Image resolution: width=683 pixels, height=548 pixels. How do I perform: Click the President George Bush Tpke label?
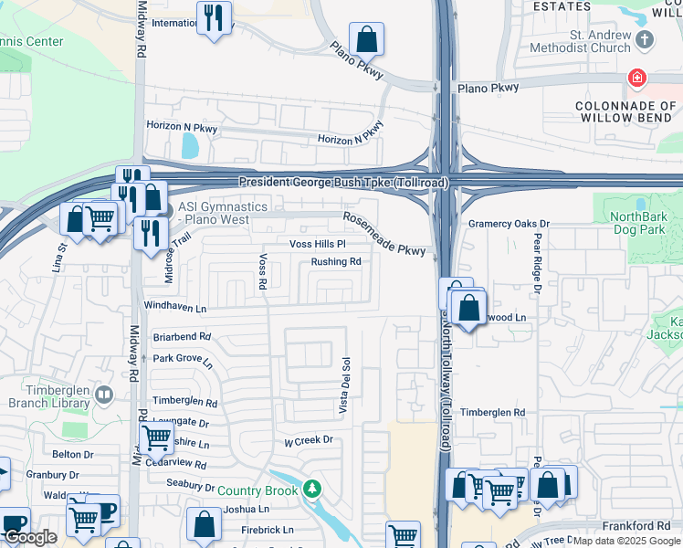pyautogui.click(x=343, y=183)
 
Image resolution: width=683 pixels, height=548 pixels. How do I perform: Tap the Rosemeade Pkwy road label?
pyautogui.click(x=384, y=234)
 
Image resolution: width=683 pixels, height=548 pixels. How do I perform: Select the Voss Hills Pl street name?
pyautogui.click(x=317, y=245)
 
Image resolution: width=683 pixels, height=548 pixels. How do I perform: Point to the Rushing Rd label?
pyautogui.click(x=336, y=262)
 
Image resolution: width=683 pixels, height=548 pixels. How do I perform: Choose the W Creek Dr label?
pyautogui.click(x=309, y=440)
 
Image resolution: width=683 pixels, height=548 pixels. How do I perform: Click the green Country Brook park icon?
pyautogui.click(x=313, y=490)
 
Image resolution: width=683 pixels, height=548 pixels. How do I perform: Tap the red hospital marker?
pyautogui.click(x=636, y=79)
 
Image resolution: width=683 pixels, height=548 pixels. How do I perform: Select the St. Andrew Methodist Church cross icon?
pyautogui.click(x=645, y=39)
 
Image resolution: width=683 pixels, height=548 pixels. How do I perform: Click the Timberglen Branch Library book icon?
pyautogui.click(x=104, y=395)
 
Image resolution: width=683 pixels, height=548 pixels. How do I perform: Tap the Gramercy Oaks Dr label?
pyautogui.click(x=509, y=224)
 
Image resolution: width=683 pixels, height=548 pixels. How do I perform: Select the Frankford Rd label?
pyautogui.click(x=636, y=526)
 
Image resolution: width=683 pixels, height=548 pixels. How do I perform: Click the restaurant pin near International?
pyautogui.click(x=214, y=18)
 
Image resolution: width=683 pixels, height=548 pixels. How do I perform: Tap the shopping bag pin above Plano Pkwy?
pyautogui.click(x=366, y=40)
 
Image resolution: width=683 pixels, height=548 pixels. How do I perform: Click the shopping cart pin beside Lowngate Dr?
pyautogui.click(x=156, y=438)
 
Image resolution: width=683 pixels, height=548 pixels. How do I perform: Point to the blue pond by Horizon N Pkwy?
pyautogui.click(x=189, y=145)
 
